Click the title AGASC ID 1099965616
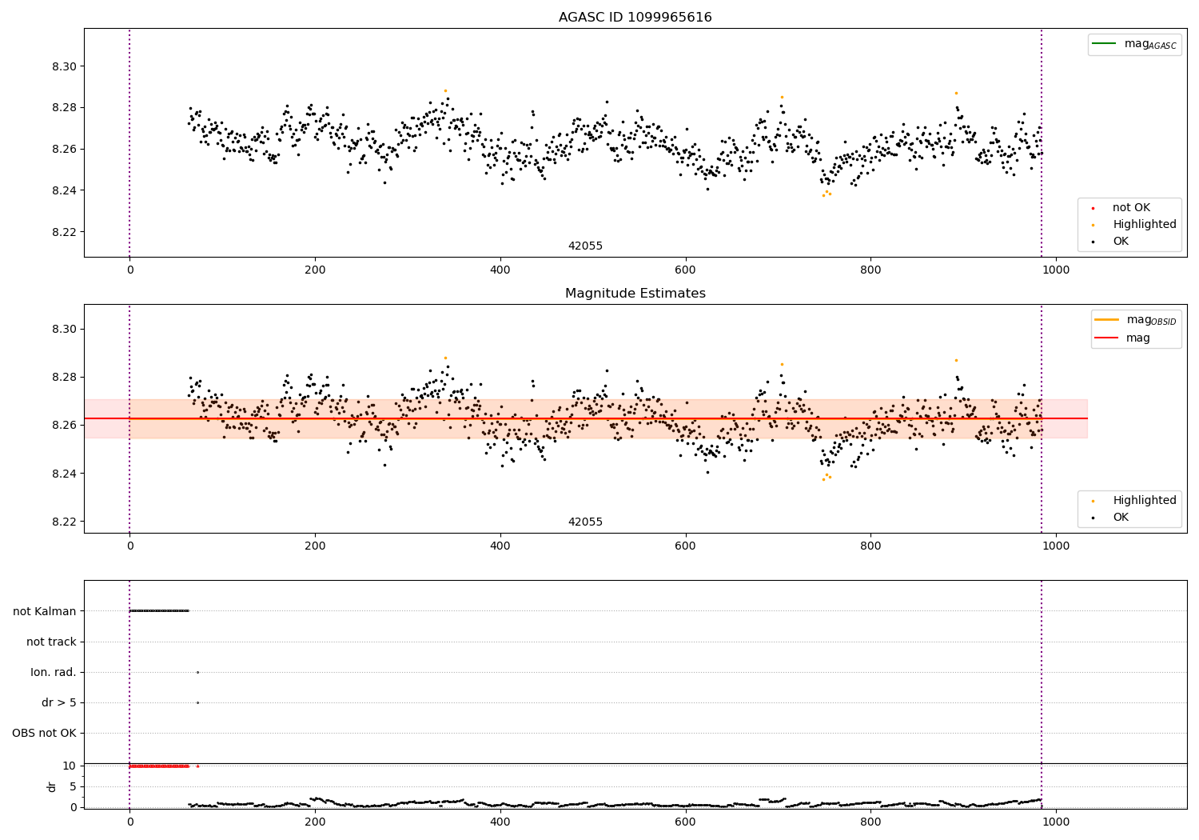635,17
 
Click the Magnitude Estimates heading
635,293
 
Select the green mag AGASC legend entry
1134,44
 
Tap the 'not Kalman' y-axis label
45,611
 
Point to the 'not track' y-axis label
51,642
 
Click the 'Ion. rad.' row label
54,672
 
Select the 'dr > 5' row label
59,702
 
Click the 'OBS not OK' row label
44,733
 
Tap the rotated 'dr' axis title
52,786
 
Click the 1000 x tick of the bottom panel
1056,821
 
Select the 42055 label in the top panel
585,246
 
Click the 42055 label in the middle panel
585,522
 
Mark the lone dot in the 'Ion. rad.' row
197,672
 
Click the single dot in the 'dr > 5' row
197,702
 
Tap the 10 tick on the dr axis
70,766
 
